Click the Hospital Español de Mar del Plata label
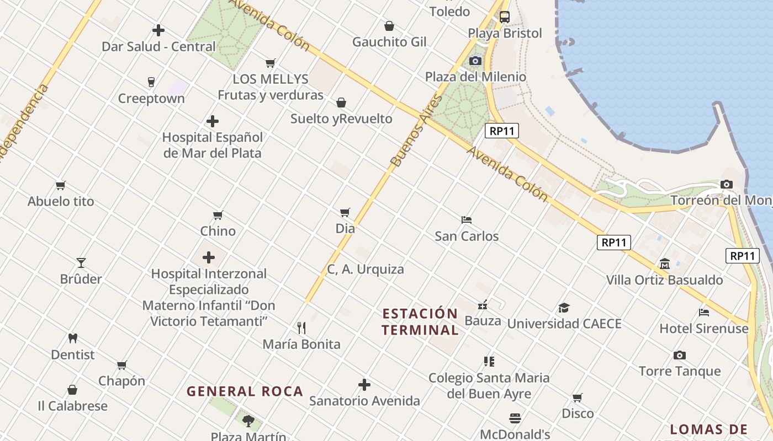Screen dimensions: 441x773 coord(212,145)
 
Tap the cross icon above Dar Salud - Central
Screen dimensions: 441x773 coord(158,30)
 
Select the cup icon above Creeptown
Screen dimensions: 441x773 coord(151,82)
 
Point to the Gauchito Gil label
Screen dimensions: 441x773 coord(389,42)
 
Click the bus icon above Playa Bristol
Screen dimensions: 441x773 coord(505,17)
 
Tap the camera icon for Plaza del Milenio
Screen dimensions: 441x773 coord(475,61)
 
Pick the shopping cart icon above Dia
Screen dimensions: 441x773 coord(345,212)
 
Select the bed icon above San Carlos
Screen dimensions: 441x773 coord(467,220)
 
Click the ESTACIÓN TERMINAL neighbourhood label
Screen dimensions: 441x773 coord(421,322)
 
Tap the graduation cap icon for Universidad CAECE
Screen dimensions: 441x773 coord(564,308)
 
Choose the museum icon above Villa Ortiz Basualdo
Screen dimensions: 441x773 coord(665,264)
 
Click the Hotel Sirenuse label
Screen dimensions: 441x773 coord(704,329)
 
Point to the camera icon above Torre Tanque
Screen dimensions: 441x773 coord(679,356)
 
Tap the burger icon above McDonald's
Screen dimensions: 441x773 coord(515,418)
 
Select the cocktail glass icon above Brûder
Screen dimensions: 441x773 coord(81,263)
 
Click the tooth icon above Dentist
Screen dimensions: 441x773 coord(72,338)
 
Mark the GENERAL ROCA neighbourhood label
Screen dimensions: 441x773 coord(245,392)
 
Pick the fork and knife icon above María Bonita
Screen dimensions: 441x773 coord(301,328)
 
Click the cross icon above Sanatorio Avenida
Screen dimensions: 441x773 coord(364,385)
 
